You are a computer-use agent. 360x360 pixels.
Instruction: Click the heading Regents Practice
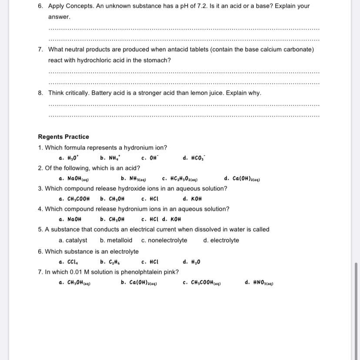click(63, 137)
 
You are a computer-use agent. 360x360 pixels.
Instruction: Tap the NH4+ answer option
click(110, 158)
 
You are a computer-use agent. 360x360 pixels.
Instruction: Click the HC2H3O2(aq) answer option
click(180, 179)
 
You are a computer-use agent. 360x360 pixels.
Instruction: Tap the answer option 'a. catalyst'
click(73, 240)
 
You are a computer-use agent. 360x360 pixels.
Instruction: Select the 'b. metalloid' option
click(116, 240)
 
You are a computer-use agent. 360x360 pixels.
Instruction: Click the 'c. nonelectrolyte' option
click(164, 240)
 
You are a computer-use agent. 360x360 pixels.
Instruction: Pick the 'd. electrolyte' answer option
click(221, 240)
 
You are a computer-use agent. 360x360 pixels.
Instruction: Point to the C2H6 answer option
click(110, 262)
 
